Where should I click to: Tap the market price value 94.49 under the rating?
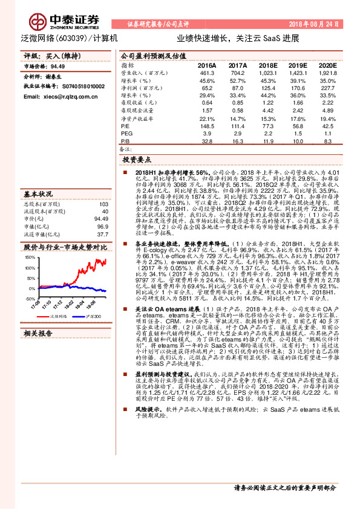tap(58, 66)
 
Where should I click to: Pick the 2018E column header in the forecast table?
tap(268, 65)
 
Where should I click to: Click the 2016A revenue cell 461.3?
tap(207, 72)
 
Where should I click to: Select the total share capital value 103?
tap(103, 204)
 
